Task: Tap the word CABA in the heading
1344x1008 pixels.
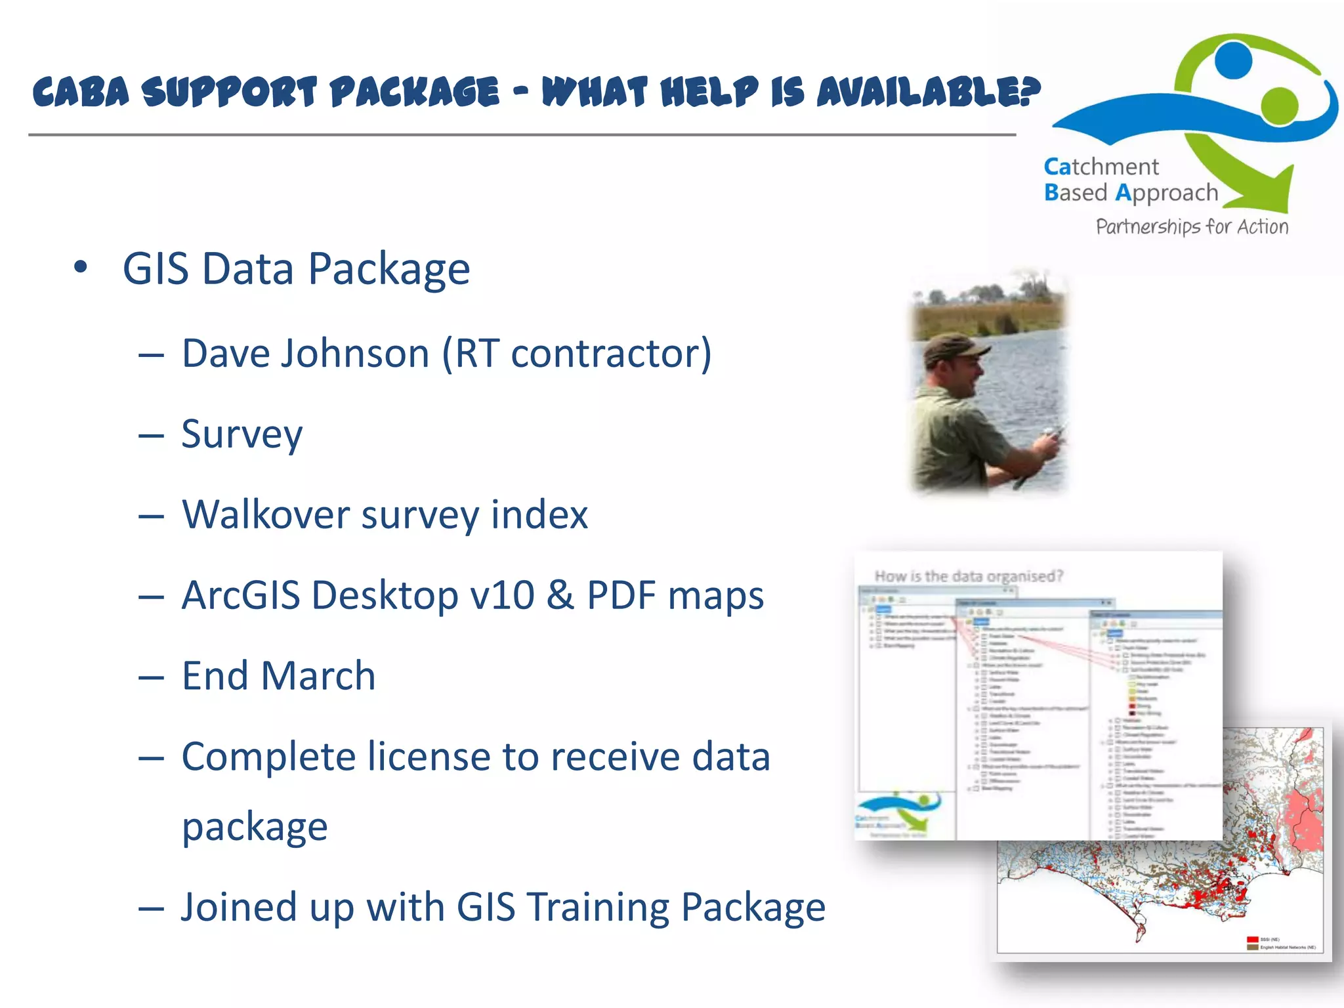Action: (81, 92)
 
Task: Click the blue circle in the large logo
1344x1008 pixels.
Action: (1232, 60)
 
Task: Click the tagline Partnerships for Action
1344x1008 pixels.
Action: (1192, 226)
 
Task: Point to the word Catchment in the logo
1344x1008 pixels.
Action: (1101, 167)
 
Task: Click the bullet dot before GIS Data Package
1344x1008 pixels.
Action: (81, 267)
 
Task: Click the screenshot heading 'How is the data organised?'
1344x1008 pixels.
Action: (969, 576)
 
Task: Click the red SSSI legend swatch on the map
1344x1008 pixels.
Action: (1252, 939)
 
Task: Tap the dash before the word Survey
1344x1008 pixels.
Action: (151, 436)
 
